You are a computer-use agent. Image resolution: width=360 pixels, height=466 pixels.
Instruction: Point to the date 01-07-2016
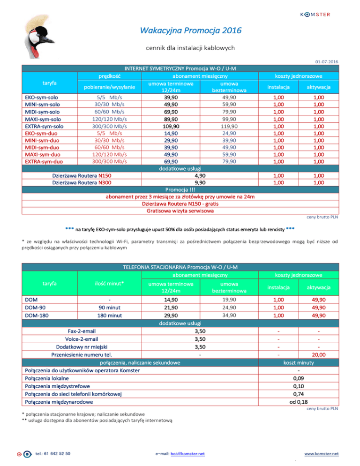click(326, 62)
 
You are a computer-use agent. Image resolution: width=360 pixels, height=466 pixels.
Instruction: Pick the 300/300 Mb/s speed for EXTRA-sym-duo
click(110, 161)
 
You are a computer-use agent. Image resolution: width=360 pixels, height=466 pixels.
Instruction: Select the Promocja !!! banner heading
click(180, 190)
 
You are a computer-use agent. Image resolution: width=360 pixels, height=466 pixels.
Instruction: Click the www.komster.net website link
click(321, 453)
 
